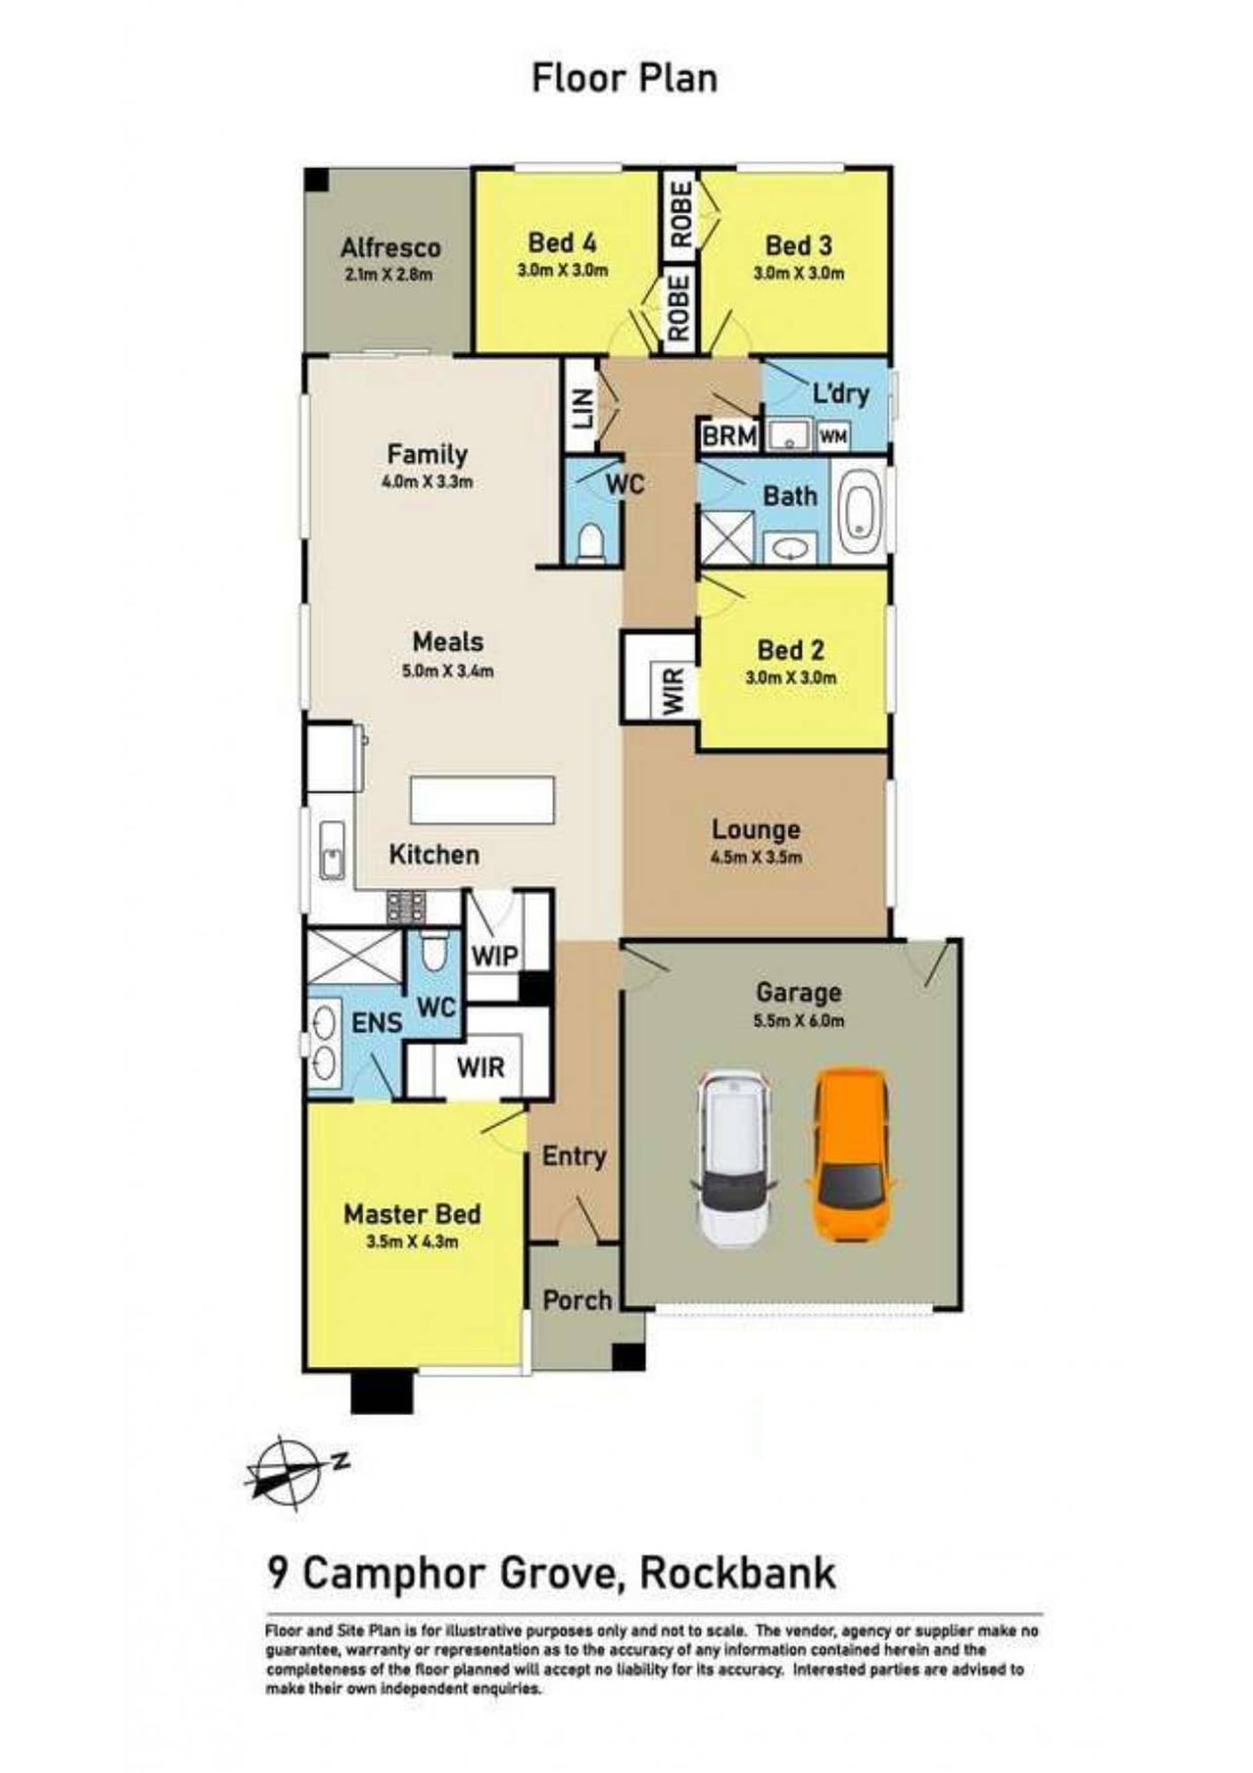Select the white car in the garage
[735, 1158]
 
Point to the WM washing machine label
[833, 437]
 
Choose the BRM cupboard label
[729, 437]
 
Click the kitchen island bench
[482, 799]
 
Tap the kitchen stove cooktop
[405, 907]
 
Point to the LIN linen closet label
[583, 408]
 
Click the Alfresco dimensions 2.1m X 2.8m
[388, 275]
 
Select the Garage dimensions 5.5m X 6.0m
[799, 1019]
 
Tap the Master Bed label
[413, 1214]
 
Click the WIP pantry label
[495, 955]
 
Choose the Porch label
[578, 1300]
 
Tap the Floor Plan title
[625, 78]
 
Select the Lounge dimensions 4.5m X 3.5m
[756, 857]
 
